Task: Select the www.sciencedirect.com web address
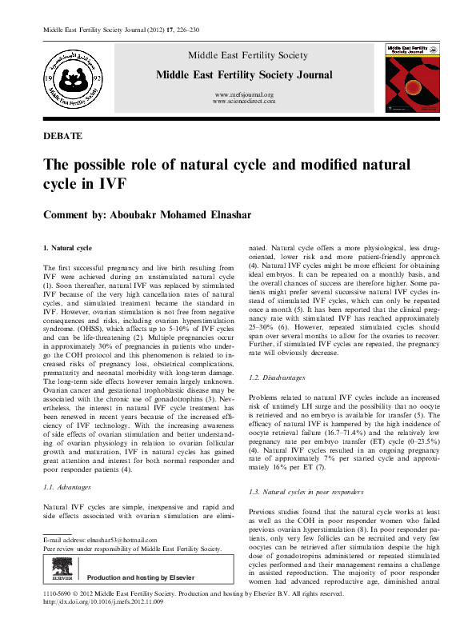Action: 245,102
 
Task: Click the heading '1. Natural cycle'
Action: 70,250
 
